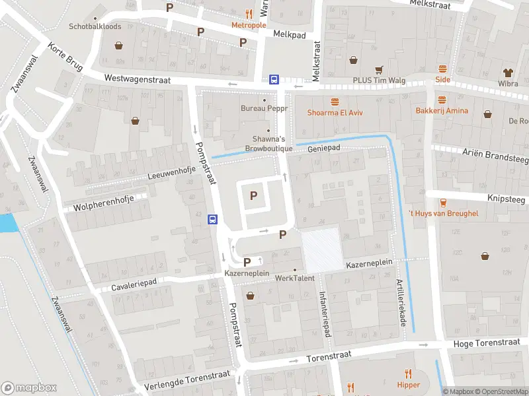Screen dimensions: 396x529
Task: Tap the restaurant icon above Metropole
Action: (x=249, y=13)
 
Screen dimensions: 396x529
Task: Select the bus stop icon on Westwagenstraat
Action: (x=274, y=79)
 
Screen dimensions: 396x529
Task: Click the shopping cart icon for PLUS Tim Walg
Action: (x=379, y=69)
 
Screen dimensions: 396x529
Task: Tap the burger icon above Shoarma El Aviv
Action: (x=335, y=101)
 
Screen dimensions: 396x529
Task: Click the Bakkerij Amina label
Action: (x=442, y=111)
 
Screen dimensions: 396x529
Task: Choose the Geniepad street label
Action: (x=323, y=149)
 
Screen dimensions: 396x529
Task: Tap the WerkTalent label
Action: (x=294, y=279)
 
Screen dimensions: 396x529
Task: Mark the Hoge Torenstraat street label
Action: (x=488, y=345)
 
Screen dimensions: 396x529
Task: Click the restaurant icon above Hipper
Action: (x=409, y=374)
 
